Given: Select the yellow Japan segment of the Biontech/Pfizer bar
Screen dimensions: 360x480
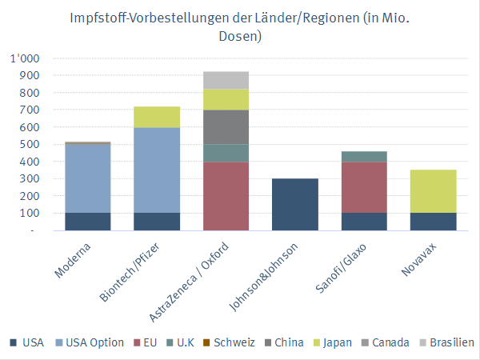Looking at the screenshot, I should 157,117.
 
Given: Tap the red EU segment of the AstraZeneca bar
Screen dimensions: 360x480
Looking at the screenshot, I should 226,196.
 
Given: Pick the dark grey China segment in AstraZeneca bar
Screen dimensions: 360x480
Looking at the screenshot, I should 226,126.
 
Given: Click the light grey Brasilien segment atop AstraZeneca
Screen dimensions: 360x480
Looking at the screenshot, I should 226,80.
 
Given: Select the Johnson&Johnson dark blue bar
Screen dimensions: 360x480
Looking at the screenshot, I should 295,204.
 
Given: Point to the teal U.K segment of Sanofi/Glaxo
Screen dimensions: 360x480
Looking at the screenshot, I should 364,156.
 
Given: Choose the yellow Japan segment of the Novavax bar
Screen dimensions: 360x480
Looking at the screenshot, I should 433,191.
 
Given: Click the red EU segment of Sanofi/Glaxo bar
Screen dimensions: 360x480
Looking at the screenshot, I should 364,187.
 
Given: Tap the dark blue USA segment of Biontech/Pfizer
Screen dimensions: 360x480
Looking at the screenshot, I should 157,222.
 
